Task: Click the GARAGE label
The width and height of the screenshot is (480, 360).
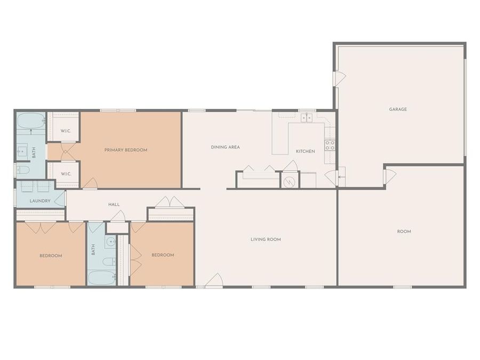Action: (398, 109)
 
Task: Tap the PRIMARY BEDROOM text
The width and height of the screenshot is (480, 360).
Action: (126, 150)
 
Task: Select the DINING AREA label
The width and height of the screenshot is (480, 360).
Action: (225, 147)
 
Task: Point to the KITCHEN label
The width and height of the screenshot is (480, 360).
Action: (306, 151)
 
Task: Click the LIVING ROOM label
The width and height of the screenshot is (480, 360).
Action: (266, 239)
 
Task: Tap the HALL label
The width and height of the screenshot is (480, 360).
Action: (114, 204)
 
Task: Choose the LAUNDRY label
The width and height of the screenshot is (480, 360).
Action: (40, 201)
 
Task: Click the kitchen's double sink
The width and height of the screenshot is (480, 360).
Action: (306, 118)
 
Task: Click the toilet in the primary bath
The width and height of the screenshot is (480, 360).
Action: (23, 170)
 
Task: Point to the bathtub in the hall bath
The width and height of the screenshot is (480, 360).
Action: (101, 277)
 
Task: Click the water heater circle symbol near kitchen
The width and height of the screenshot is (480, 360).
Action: (290, 181)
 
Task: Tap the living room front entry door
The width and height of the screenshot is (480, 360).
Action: (214, 281)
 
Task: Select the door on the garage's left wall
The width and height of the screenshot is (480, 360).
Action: (339, 78)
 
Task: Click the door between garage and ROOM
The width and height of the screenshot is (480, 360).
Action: (389, 175)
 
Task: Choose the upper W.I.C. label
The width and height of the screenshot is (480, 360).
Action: (66, 131)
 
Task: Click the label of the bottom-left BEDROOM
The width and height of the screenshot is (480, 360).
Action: (51, 255)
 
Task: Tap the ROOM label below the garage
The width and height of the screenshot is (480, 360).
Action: (404, 231)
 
